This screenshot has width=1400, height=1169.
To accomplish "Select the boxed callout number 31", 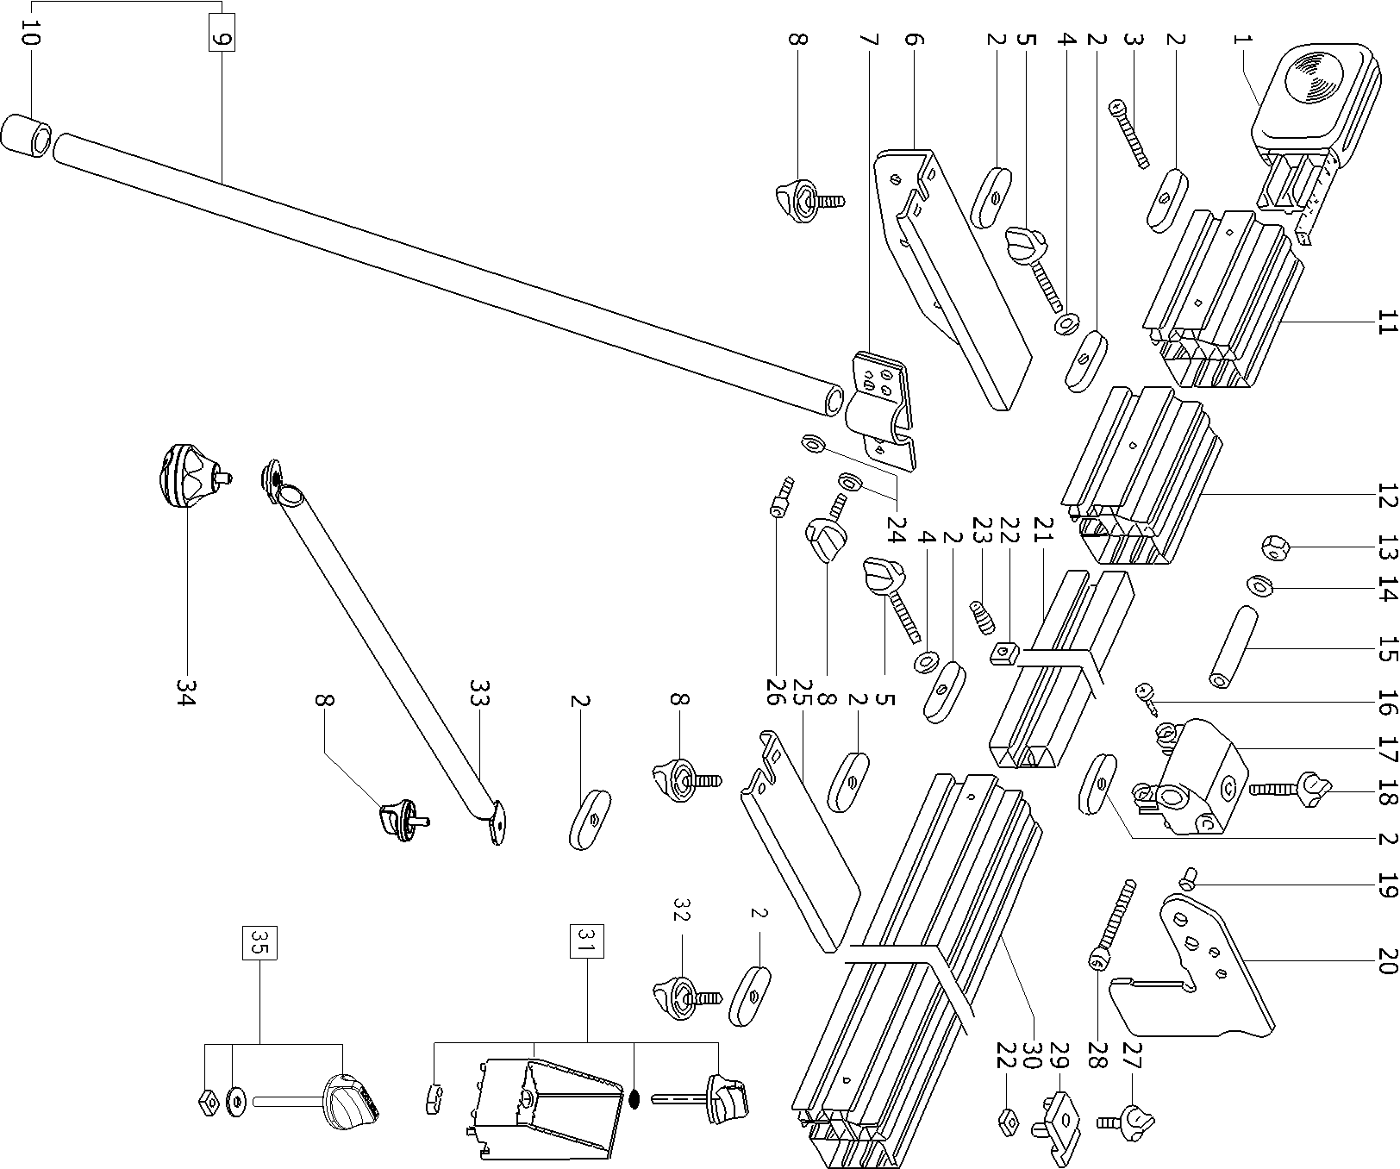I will (x=587, y=941).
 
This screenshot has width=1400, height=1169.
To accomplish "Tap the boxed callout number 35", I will (x=261, y=942).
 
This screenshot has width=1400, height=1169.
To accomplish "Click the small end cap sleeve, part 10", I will (x=25, y=135).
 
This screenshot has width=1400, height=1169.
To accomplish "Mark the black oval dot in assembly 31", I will (x=634, y=1098).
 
